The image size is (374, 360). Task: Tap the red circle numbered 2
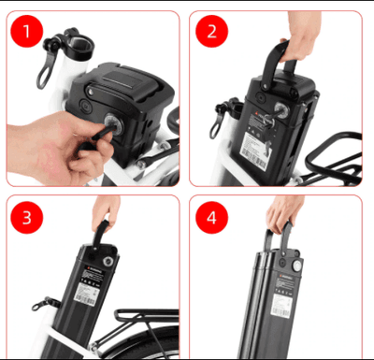(210, 32)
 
